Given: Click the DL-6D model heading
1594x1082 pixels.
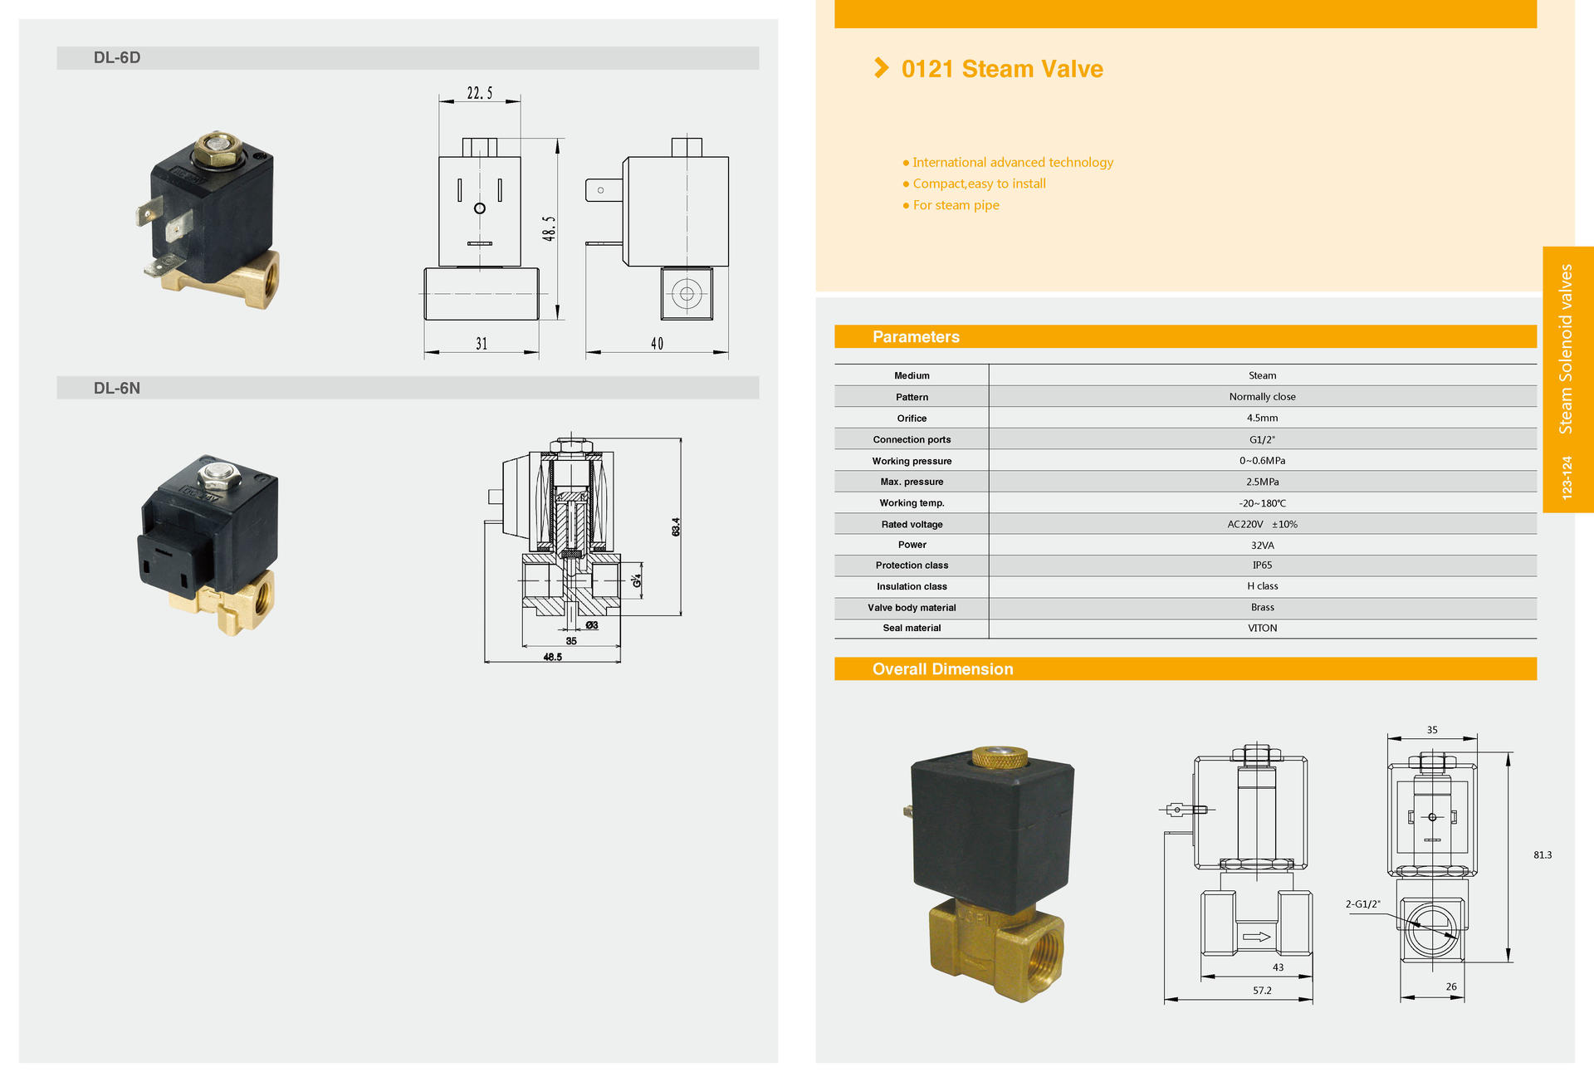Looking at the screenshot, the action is pos(117,57).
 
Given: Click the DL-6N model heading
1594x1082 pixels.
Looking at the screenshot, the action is pos(117,388).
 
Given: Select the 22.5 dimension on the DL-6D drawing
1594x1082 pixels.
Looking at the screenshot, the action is pos(480,93).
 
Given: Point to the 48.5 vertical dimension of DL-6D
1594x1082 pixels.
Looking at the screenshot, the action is pos(549,228).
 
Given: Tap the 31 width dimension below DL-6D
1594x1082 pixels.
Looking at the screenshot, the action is pos(482,344).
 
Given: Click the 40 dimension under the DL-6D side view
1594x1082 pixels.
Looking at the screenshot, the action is pos(657,344).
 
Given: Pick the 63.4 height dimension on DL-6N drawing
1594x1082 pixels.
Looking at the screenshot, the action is pos(676,526).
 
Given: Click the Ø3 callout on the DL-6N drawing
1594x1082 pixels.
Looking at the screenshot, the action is pos(592,625).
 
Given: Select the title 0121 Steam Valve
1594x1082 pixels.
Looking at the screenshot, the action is pos(1002,69).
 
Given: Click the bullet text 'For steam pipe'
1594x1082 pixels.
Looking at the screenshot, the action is pos(956,205).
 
